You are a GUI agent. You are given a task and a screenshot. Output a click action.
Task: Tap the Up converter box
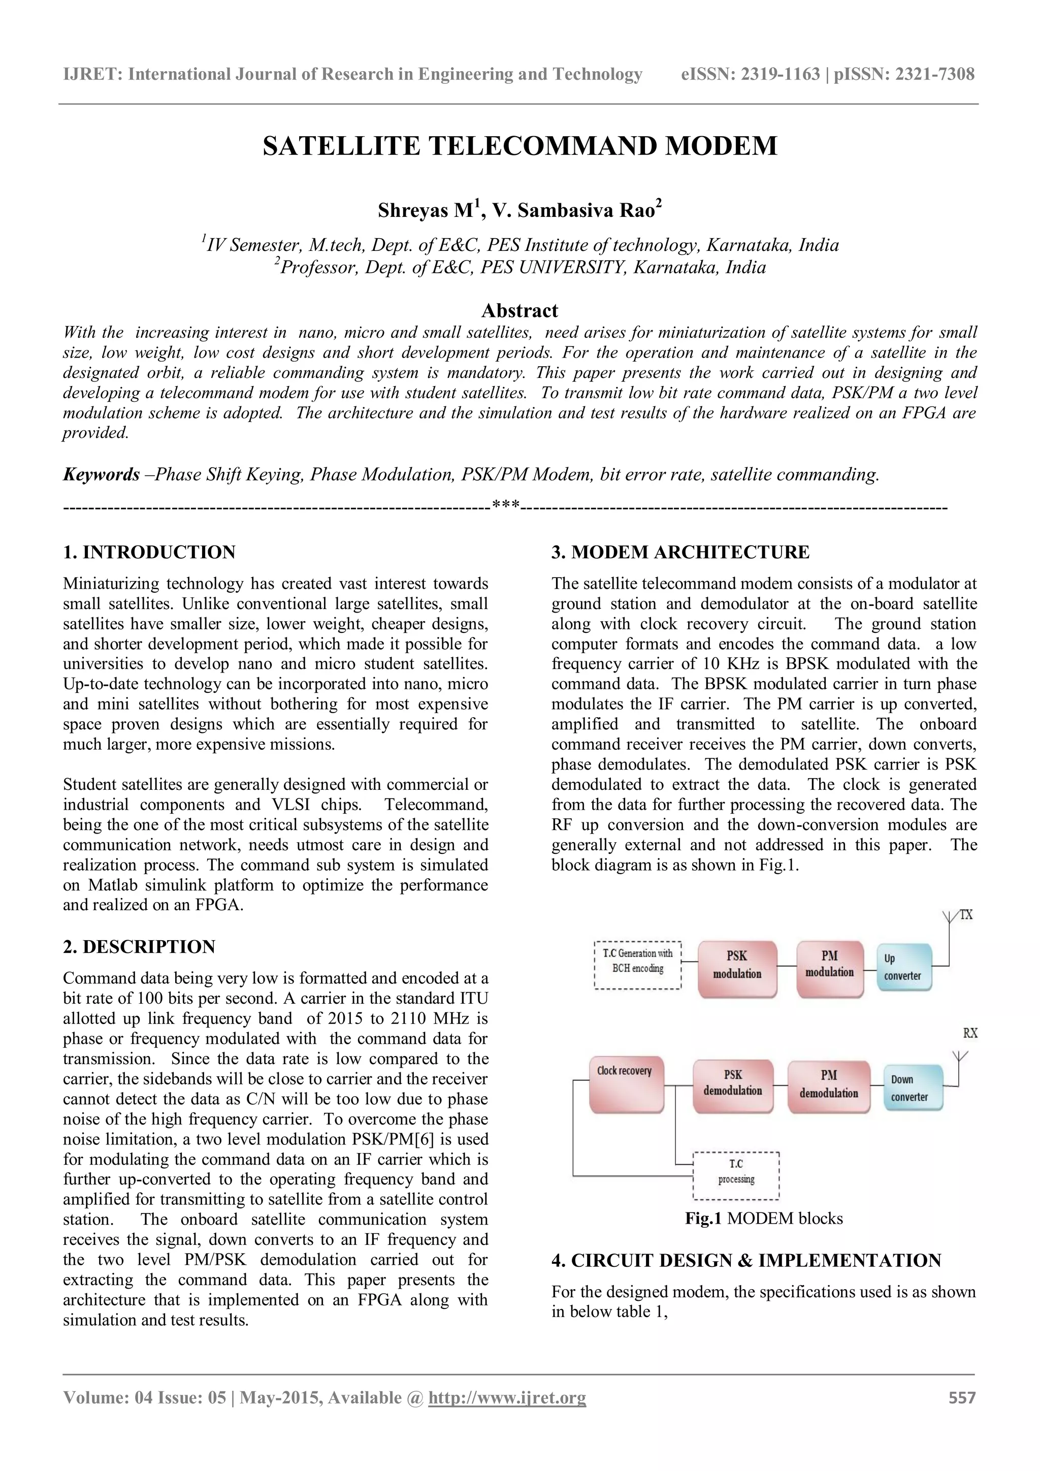(903, 968)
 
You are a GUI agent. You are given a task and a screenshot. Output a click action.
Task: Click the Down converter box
(912, 1088)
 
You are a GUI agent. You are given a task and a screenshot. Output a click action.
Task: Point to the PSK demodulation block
(733, 1086)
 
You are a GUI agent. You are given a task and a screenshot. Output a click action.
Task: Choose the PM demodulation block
(829, 1087)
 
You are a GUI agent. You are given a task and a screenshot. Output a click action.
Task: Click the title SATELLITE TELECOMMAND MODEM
(519, 146)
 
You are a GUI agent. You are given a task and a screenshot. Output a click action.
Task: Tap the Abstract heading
(519, 311)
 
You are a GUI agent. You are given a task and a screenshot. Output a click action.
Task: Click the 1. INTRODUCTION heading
(149, 552)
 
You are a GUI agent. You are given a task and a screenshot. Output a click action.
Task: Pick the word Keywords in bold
(101, 475)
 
